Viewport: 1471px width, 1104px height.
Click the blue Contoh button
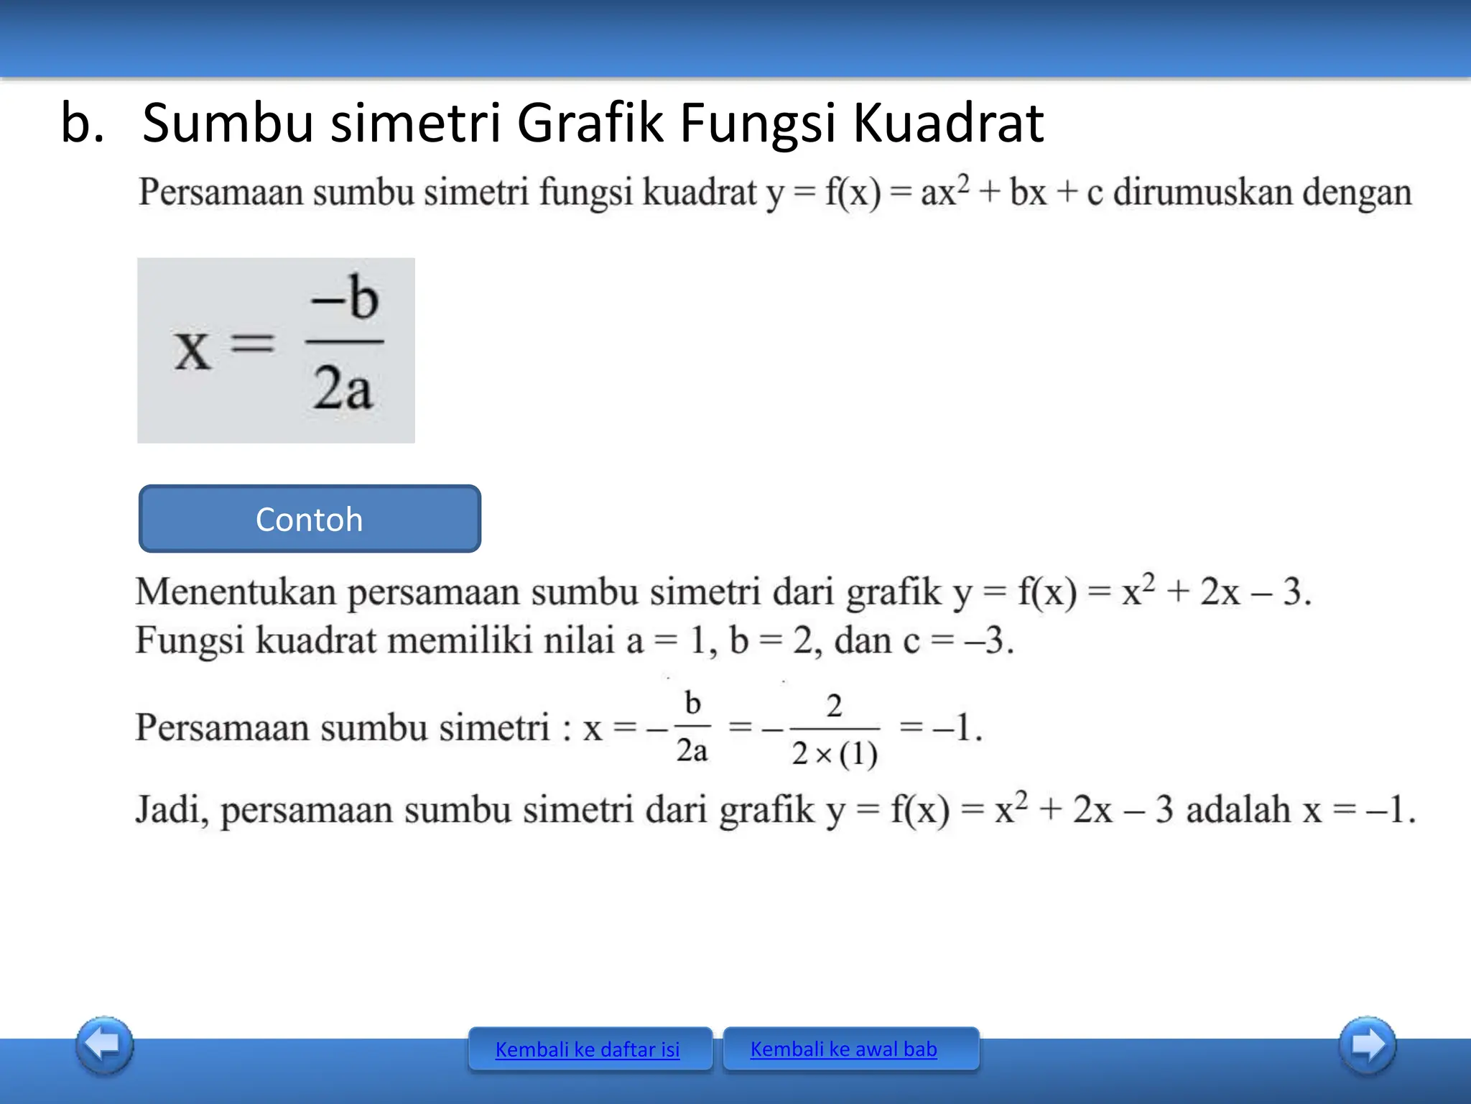310,519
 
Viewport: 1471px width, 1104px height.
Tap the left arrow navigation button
105,1045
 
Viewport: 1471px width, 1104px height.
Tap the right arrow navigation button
1367,1045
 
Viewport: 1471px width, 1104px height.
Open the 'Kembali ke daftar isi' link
588,1049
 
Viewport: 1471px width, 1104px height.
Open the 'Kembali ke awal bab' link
843,1049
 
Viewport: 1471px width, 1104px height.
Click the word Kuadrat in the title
947,123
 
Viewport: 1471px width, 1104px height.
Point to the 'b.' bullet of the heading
82,123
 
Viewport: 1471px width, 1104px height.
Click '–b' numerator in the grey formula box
345,298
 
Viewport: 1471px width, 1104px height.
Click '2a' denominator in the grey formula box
343,388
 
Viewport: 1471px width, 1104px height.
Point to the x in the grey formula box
192,351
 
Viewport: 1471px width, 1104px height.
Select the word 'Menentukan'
236,592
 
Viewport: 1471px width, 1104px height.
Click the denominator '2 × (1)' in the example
835,754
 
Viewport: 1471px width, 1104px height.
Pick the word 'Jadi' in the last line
171,810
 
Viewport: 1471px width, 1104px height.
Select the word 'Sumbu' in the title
228,123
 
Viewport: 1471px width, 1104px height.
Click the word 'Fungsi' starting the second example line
190,640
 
